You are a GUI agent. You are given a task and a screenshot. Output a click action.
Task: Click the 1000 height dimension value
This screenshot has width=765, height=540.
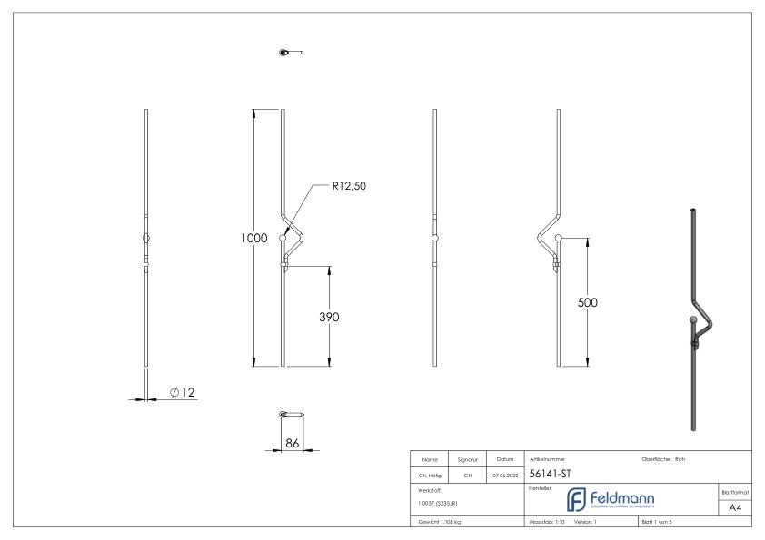tap(254, 238)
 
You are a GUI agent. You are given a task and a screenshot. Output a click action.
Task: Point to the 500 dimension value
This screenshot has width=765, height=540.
tap(588, 303)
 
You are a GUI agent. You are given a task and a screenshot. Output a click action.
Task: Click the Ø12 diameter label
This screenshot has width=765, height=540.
tap(183, 392)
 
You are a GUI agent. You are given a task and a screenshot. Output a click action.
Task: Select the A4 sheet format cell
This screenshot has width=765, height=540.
tap(736, 507)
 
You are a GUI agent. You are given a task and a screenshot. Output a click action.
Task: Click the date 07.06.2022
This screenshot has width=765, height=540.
tap(504, 474)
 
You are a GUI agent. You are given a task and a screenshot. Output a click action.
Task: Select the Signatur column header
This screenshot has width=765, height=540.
tap(471, 459)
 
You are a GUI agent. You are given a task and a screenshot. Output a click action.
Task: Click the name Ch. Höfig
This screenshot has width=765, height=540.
tap(432, 474)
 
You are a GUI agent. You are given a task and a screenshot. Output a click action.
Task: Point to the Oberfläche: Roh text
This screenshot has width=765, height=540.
tap(663, 459)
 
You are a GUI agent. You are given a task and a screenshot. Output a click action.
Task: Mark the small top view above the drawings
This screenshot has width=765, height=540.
tap(291, 53)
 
